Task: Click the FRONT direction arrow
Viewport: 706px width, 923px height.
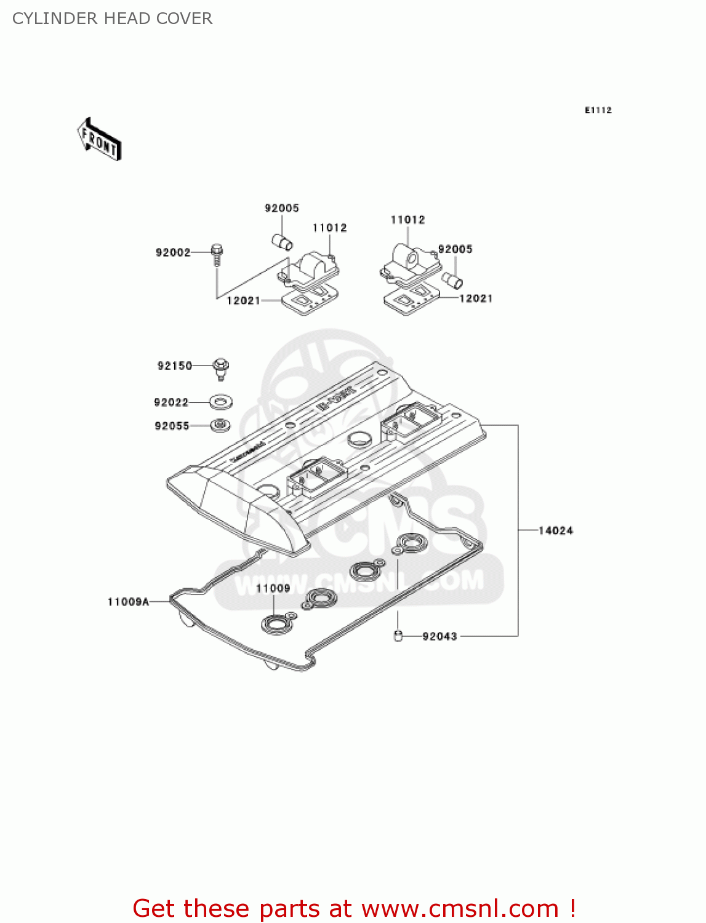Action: [x=99, y=140]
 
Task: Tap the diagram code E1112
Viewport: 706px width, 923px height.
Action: [x=598, y=110]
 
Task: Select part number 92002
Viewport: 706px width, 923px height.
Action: [x=173, y=252]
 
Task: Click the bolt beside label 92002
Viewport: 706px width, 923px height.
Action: [x=217, y=255]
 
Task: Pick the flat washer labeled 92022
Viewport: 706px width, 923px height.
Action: [x=220, y=402]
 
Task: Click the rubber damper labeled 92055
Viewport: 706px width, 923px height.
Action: [x=220, y=425]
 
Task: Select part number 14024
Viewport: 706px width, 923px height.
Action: [x=555, y=530]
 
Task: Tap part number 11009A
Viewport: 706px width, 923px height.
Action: [x=128, y=602]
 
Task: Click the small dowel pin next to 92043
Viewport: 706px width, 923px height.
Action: [x=398, y=636]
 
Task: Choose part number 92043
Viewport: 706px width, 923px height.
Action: [x=439, y=636]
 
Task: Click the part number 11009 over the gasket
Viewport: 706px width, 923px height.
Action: [x=273, y=588]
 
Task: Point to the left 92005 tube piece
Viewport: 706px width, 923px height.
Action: [x=283, y=241]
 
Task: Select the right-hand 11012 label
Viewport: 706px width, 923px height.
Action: [x=407, y=220]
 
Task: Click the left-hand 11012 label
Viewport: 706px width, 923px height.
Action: [x=329, y=228]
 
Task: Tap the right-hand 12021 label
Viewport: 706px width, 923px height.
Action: [x=476, y=298]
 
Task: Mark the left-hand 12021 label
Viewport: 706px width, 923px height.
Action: [x=243, y=300]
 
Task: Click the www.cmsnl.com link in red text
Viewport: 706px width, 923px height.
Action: [x=460, y=908]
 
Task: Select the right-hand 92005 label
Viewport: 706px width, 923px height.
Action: [x=455, y=249]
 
